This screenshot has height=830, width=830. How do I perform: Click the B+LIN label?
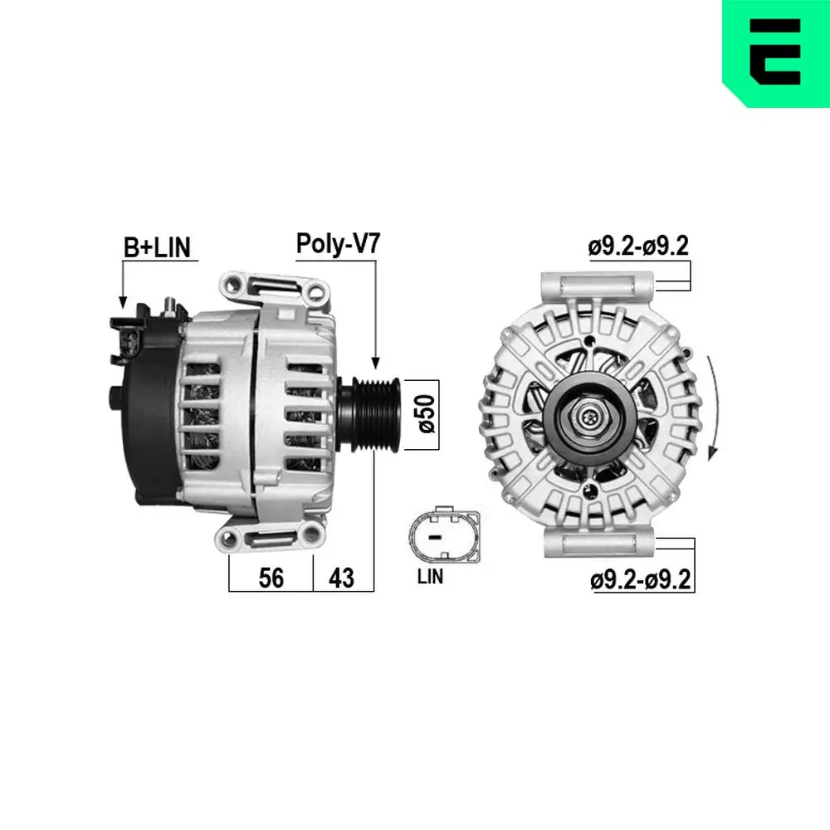point(157,247)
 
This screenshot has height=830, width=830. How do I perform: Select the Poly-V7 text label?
point(339,243)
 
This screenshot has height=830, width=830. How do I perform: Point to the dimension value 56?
point(271,578)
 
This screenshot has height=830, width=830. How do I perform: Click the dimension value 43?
point(342,578)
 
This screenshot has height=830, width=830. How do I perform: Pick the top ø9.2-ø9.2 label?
point(639,247)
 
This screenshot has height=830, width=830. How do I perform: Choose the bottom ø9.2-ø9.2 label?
point(640,579)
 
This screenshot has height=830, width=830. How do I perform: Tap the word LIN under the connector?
point(430,577)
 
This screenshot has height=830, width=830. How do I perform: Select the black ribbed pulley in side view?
point(371,414)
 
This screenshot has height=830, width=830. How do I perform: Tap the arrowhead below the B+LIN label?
point(123,302)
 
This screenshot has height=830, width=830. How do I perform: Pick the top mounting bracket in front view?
point(597,287)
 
